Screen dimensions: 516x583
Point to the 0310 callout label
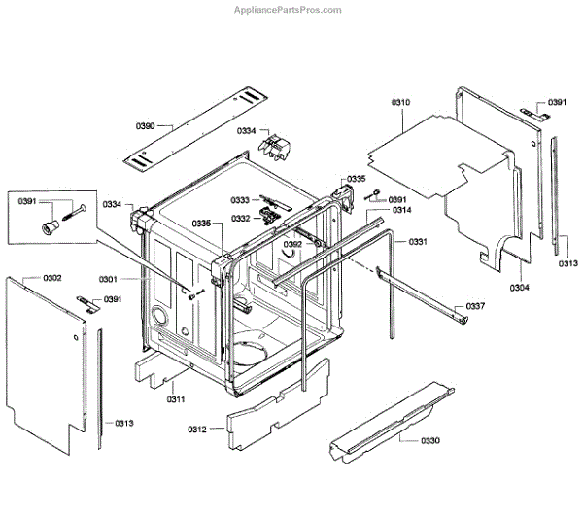coord(400,102)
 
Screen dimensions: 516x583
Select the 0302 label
coord(51,278)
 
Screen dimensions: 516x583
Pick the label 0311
coord(176,399)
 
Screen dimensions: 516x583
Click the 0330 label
coord(429,441)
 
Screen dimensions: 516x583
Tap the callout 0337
coord(475,306)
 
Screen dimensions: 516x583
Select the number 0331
coord(418,241)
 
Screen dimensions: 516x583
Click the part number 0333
coord(240,200)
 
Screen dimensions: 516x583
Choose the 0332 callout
coord(240,219)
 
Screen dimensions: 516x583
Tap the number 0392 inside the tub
coord(292,244)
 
